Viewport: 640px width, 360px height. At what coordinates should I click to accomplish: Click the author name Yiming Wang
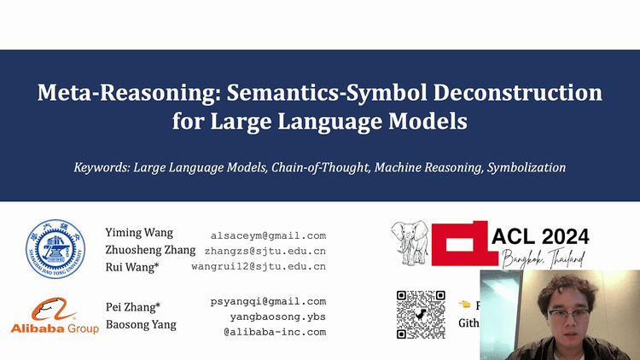click(139, 233)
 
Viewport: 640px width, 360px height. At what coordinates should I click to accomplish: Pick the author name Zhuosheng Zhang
click(151, 250)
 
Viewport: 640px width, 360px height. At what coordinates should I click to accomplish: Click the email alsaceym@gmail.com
click(268, 235)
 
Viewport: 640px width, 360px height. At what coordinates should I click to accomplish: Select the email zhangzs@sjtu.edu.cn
click(265, 251)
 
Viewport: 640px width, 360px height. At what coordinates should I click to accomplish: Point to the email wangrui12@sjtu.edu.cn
click(259, 267)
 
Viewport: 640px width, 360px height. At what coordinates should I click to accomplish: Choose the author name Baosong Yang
click(141, 325)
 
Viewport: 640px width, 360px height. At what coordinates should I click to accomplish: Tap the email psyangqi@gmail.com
click(268, 301)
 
